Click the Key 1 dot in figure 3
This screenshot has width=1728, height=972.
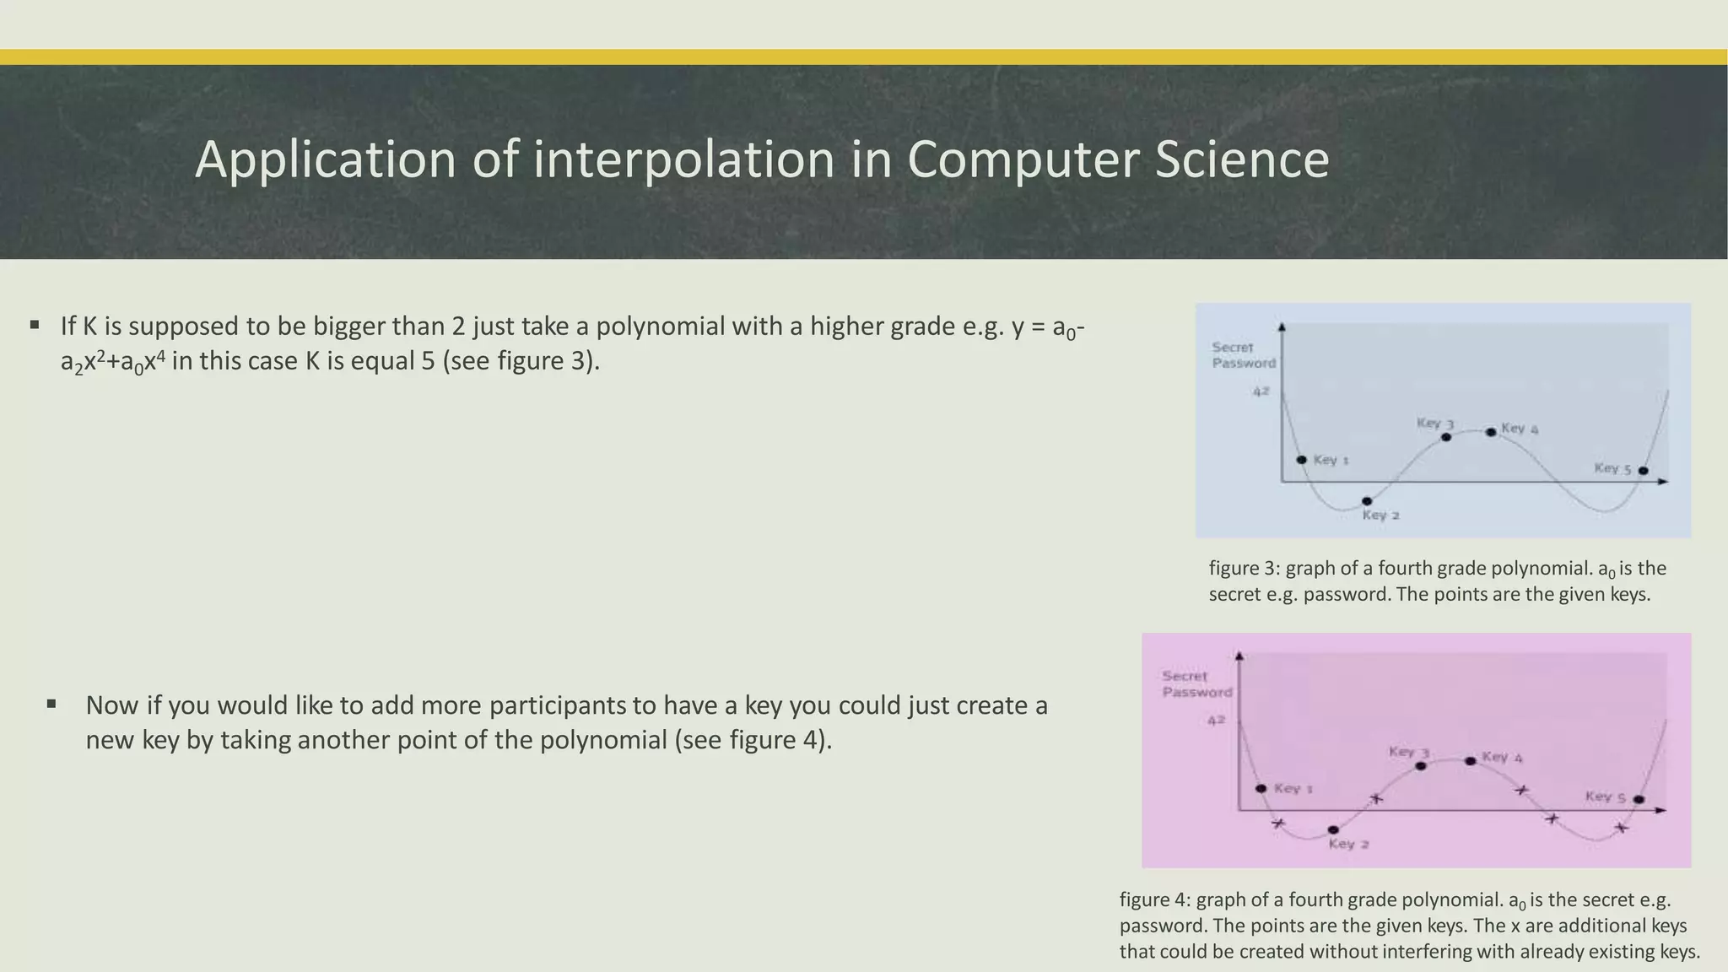point(1301,460)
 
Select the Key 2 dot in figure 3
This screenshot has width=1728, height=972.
point(1367,501)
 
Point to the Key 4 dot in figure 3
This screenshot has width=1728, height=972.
point(1491,432)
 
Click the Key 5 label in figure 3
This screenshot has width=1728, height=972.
point(1612,469)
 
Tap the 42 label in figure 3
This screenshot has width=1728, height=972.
point(1261,391)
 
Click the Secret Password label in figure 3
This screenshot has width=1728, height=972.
point(1243,355)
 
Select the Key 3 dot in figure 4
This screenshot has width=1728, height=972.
point(1421,766)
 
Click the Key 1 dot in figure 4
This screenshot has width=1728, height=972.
point(1261,788)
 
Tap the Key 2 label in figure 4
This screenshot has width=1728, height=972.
point(1348,844)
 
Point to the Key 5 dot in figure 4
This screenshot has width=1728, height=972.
point(1639,799)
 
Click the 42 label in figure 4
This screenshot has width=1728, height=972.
point(1216,721)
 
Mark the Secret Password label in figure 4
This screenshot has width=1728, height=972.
point(1196,684)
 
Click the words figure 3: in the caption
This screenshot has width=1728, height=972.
point(1244,569)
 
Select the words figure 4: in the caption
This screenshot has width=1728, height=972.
point(1154,899)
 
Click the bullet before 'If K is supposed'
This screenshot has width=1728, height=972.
point(35,325)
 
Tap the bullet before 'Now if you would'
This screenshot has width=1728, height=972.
point(52,703)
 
